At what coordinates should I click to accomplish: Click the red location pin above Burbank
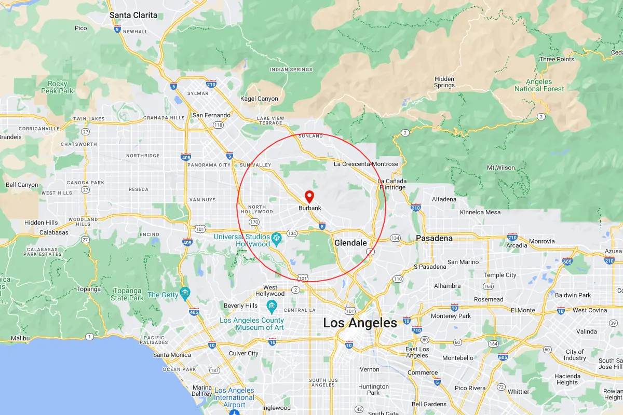309,196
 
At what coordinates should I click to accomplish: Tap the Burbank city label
310,208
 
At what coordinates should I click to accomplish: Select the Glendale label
350,243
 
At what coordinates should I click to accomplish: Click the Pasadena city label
434,238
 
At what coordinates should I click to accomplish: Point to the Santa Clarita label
133,15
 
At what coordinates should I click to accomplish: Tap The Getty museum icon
184,294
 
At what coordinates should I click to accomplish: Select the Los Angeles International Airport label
234,397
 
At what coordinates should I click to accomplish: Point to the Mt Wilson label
500,168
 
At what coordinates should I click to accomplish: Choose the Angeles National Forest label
539,85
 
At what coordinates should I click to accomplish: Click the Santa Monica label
172,355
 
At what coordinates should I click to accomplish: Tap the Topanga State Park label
127,295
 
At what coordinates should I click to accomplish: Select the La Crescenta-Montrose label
366,164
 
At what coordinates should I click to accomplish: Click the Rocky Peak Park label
58,87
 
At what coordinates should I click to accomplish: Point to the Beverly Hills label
240,306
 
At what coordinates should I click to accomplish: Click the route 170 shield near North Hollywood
254,222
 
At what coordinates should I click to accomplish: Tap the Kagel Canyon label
259,99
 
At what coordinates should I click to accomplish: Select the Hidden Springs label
444,82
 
